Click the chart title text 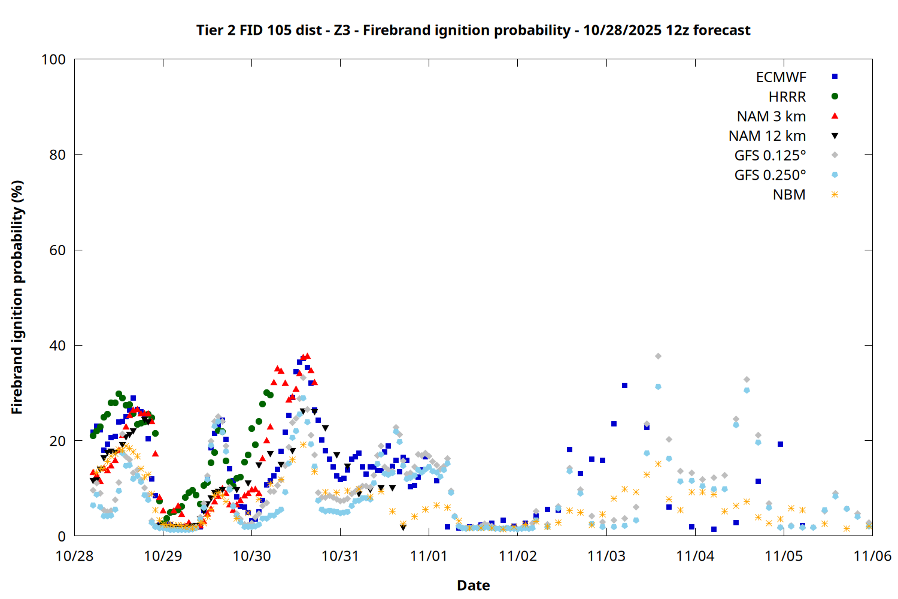click(x=473, y=30)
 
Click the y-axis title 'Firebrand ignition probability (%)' click(x=17, y=297)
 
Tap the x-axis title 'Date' click(x=473, y=585)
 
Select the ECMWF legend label click(x=781, y=77)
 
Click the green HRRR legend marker click(x=835, y=96)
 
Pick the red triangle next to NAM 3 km click(x=835, y=116)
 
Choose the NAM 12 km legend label click(x=767, y=136)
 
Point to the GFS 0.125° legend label click(x=770, y=156)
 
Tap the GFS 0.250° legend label click(x=770, y=176)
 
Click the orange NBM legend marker click(x=835, y=195)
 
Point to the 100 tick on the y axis click(x=53, y=59)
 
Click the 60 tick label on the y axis click(x=57, y=250)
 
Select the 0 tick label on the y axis click(x=62, y=537)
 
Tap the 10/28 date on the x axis click(x=74, y=556)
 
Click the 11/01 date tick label click(x=429, y=556)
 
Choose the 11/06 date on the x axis click(x=872, y=556)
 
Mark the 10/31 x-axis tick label click(x=340, y=556)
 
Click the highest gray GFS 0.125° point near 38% click(x=658, y=356)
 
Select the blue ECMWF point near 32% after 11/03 click(x=624, y=385)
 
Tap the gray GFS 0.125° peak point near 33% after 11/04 click(x=747, y=379)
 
